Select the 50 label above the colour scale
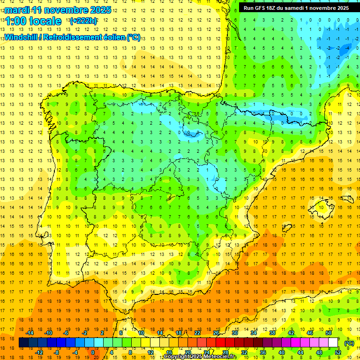click(329, 333)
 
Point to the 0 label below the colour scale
click(92, 352)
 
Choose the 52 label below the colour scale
click(337, 352)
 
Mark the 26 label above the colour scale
click(216, 333)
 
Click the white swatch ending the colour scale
click(333, 343)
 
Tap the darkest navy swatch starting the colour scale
click(23, 343)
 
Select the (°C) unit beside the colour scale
click(349, 343)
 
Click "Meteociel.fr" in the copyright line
click(220, 357)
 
